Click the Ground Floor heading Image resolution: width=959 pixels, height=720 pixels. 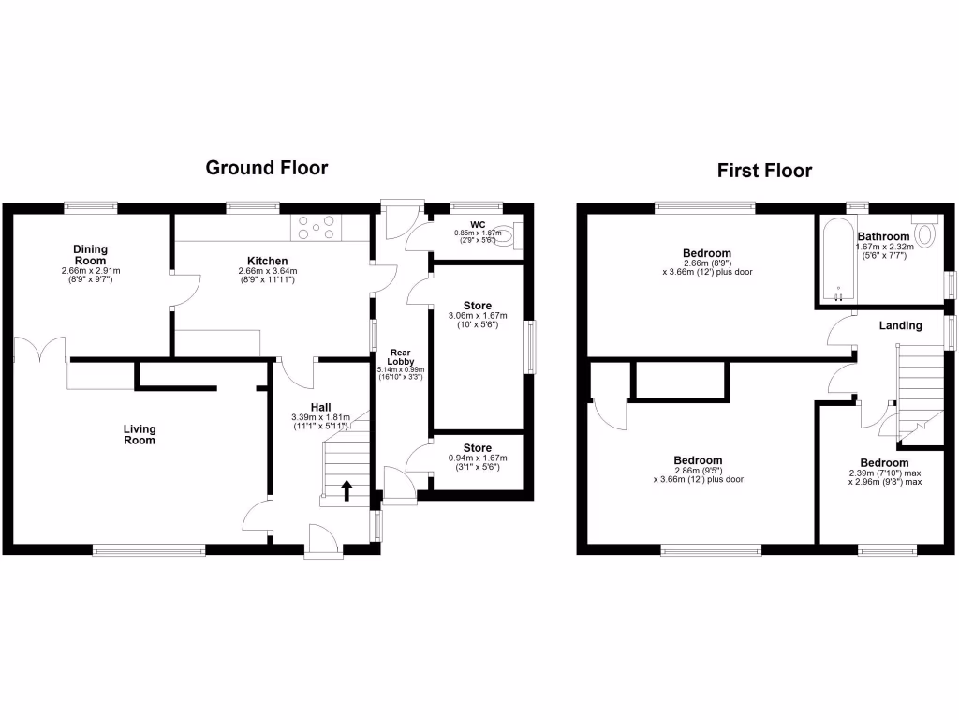267,168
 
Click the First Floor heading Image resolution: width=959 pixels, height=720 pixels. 764,171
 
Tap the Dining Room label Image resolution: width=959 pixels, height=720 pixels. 91,254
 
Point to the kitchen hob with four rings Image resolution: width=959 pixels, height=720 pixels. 319,227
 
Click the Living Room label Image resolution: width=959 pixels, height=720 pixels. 140,434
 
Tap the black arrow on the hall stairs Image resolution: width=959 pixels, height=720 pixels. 347,488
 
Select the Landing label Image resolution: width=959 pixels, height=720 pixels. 899,325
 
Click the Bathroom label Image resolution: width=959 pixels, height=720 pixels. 883,236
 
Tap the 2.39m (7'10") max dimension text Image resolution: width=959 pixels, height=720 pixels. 885,474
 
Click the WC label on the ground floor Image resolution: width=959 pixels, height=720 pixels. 478,224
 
